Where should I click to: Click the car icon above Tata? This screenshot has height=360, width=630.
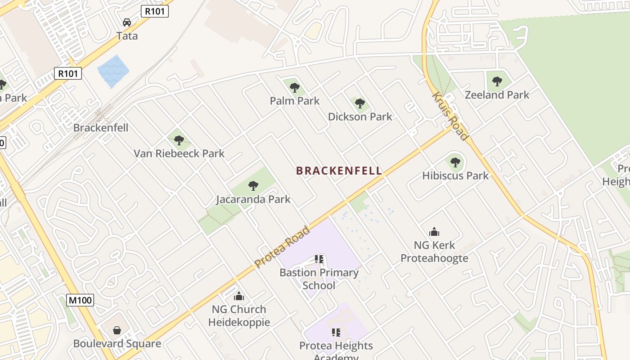pos(127,22)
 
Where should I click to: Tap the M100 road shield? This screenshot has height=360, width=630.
pos(80,300)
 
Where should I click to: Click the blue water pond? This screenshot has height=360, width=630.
pos(113,71)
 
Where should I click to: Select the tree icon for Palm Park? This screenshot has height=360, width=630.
pos(295,87)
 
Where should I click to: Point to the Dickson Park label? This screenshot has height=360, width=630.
pos(360,117)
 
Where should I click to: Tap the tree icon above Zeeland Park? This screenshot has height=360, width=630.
pos(497,81)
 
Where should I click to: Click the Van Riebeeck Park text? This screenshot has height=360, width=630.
pos(179,153)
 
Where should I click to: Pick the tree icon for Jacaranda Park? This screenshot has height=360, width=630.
pos(253,185)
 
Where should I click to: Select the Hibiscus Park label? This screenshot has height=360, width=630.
pos(455,175)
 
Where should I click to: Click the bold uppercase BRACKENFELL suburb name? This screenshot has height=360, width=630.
pos(339,171)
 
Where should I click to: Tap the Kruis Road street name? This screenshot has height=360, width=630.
pos(450,116)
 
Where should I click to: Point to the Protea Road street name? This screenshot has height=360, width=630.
pos(282,247)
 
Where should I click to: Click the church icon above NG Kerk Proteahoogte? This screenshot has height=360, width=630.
pos(434,232)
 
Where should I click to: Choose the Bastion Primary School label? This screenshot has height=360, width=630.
pos(319,279)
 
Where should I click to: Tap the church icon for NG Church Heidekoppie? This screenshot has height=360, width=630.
pos(239,296)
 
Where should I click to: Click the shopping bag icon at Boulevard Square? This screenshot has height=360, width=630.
pos(117,330)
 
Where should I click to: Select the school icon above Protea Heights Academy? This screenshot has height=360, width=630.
pos(336,333)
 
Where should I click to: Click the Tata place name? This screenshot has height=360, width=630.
pos(127,36)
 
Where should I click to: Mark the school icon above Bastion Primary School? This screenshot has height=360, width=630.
pos(319,259)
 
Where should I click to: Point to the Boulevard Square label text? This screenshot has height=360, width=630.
pos(117,344)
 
